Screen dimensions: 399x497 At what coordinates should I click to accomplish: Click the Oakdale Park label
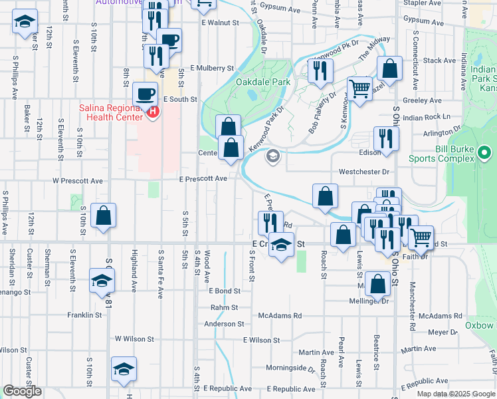[x=263, y=82]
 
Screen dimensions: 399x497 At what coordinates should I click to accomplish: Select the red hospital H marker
[x=153, y=111]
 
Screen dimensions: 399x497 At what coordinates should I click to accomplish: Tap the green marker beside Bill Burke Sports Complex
[x=484, y=154]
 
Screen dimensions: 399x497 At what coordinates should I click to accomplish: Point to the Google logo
[x=22, y=391]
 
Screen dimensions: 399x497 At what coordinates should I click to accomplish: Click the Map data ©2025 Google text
[x=456, y=394]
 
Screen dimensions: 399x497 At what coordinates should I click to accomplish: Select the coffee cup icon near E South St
[x=144, y=93]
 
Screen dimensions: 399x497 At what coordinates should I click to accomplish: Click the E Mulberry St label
[x=212, y=68]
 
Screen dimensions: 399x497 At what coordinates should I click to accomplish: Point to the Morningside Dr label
[x=290, y=368]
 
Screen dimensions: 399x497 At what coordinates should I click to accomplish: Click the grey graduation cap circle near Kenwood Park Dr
[x=272, y=157]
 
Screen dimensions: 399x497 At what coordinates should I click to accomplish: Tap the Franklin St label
[x=87, y=315]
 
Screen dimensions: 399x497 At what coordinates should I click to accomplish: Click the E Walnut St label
[x=219, y=23]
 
